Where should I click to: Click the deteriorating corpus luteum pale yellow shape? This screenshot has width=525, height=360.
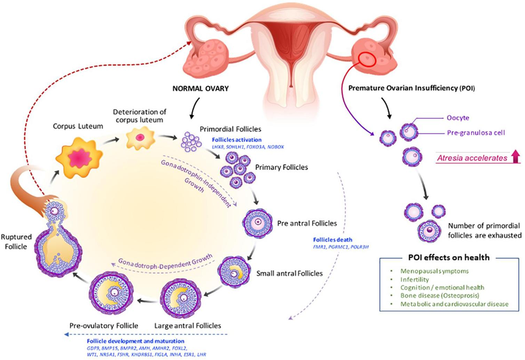point(139,139)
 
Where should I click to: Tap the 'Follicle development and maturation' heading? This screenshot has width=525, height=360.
point(136,341)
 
